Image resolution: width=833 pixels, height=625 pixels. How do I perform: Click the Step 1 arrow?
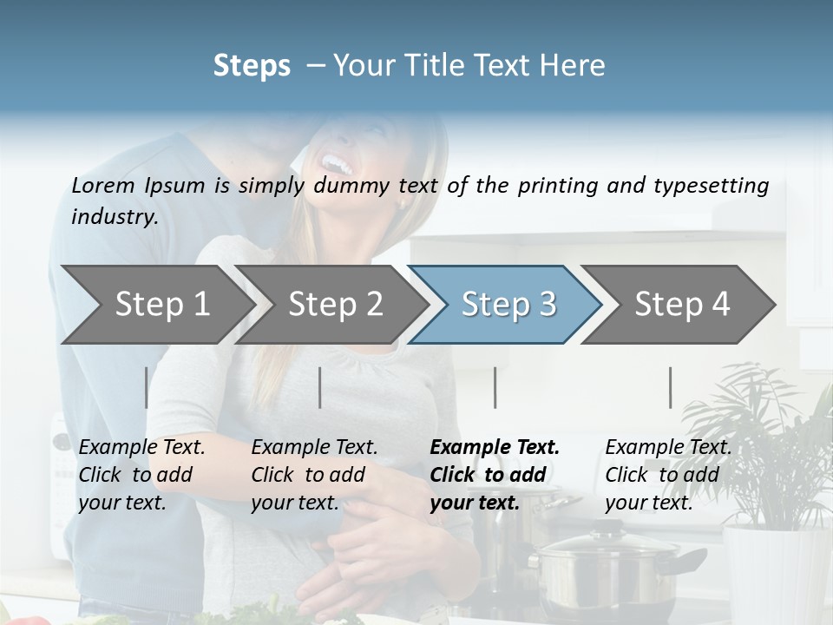pos(156,305)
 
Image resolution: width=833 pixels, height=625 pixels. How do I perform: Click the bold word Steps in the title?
pos(252,65)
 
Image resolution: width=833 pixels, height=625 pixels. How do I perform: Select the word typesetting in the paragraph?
pos(717,185)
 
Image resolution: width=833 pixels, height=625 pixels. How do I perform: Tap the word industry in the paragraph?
pos(114,216)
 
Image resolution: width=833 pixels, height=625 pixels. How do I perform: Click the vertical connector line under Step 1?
pos(146,387)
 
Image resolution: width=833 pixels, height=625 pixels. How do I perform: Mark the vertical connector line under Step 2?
pos(320,387)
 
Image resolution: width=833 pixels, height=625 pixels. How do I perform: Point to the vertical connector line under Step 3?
pos(495,387)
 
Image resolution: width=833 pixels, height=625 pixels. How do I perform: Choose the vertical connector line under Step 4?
pos(670,387)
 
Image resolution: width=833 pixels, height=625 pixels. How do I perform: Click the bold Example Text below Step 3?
pos(495,448)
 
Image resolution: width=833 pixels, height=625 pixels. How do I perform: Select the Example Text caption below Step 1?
pos(141,448)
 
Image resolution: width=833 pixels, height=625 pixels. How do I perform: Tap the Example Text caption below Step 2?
pos(314,448)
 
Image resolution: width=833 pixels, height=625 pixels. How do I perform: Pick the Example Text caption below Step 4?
pos(668,448)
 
